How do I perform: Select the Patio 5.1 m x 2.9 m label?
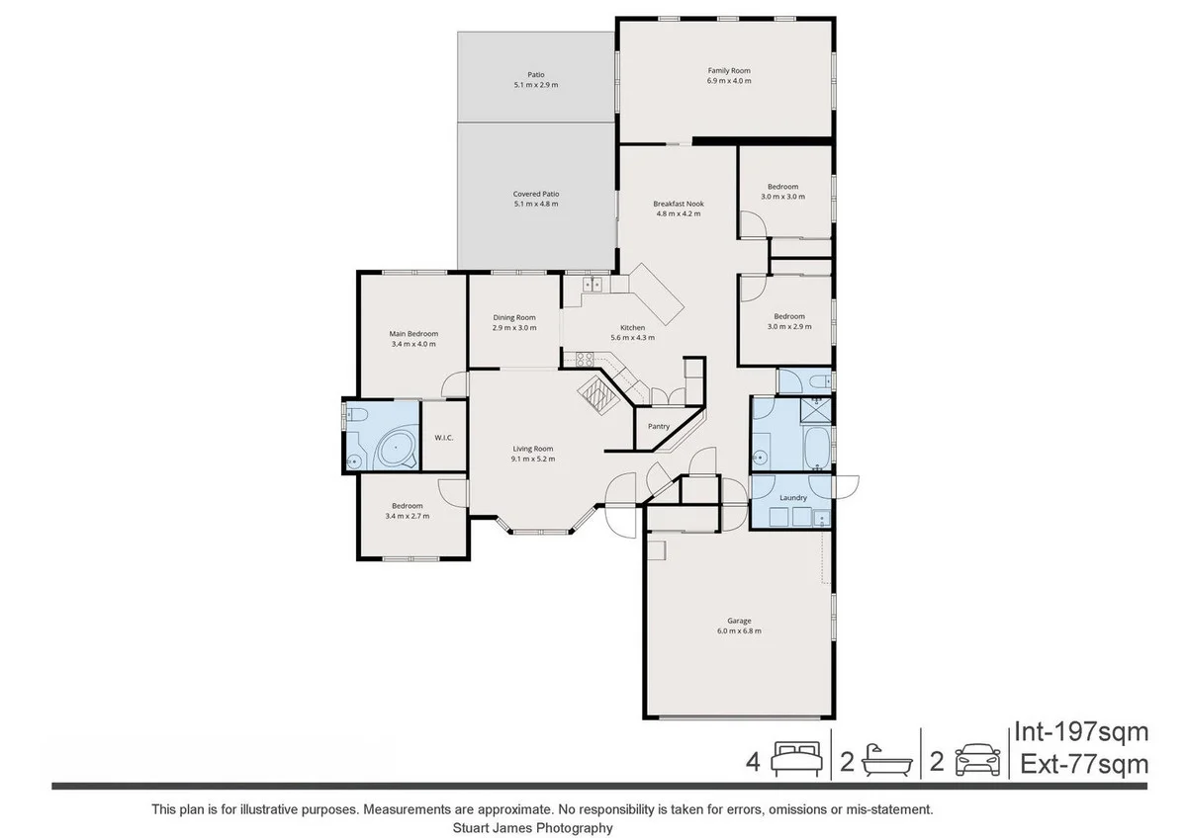pyautogui.click(x=535, y=80)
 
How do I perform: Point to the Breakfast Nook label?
pyautogui.click(x=678, y=209)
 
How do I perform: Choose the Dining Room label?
pyautogui.click(x=513, y=322)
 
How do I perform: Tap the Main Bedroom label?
pyautogui.click(x=412, y=339)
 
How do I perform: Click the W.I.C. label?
pyautogui.click(x=443, y=438)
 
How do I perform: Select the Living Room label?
pyautogui.click(x=532, y=454)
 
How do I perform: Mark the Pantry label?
pyautogui.click(x=658, y=427)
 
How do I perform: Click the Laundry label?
pyautogui.click(x=793, y=497)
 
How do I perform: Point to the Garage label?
pyautogui.click(x=739, y=626)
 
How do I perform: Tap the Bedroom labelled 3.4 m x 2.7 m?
pyautogui.click(x=407, y=511)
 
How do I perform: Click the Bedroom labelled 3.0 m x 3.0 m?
pyautogui.click(x=782, y=192)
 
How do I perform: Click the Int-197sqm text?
pyautogui.click(x=1080, y=732)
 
